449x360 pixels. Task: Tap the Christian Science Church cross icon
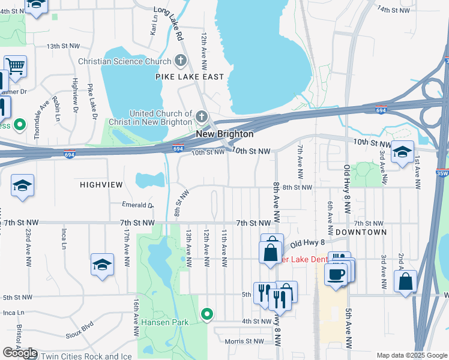180,61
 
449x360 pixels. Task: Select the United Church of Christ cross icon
202,116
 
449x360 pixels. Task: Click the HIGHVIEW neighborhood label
101,185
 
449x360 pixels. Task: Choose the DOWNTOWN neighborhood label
360,232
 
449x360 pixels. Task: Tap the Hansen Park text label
164,322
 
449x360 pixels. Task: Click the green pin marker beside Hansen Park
207,314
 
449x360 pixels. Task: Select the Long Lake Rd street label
169,23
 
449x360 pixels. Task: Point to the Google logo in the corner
20,353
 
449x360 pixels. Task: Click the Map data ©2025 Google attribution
411,355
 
